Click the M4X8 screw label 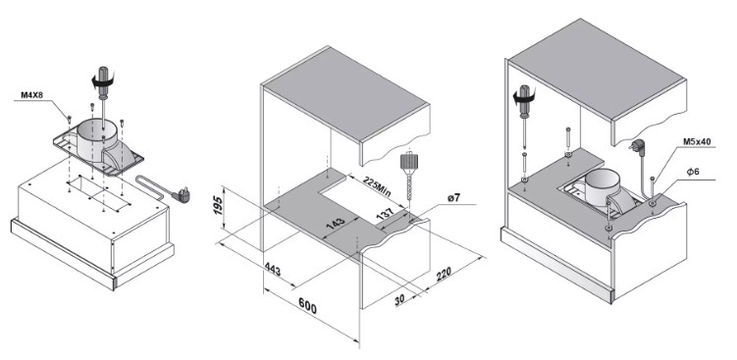32,95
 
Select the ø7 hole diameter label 454,198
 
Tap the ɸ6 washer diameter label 693,172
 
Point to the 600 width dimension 308,306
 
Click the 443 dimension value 273,270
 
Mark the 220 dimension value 444,274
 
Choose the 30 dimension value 399,300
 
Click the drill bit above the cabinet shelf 408,180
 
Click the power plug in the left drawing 183,194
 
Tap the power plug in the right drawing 637,145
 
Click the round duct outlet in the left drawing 96,135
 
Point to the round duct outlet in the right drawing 603,187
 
